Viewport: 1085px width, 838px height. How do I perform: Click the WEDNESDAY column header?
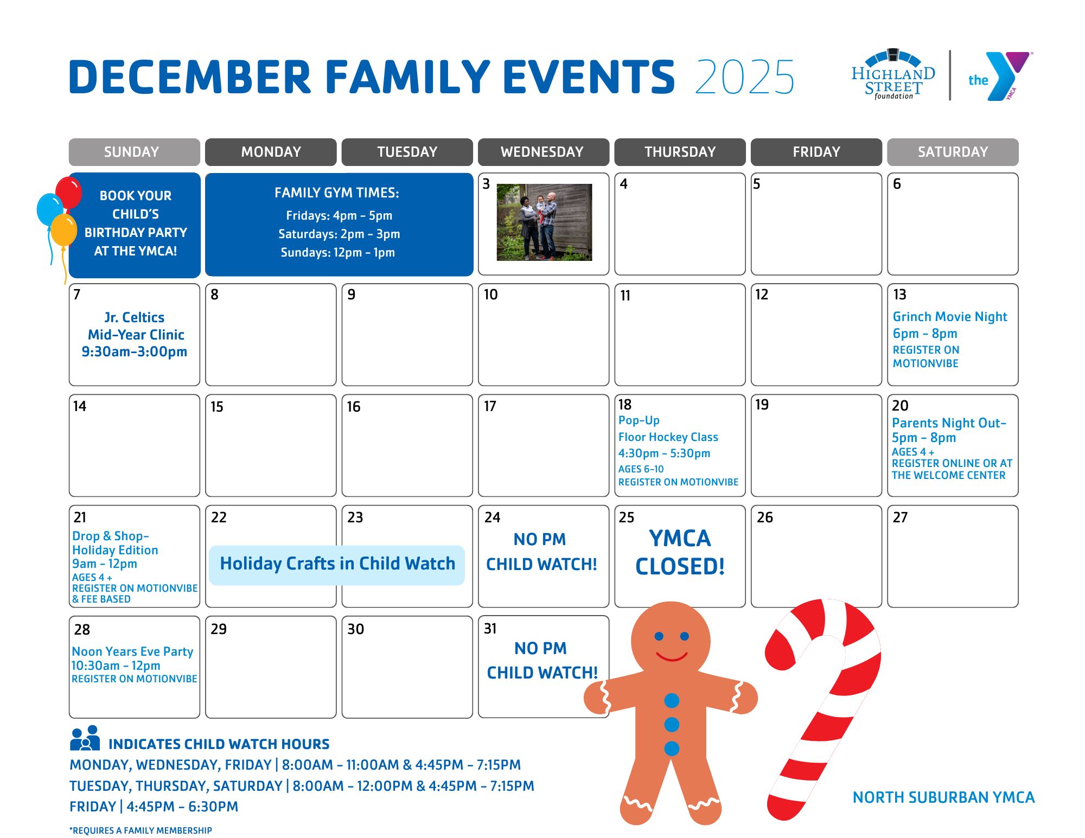542,152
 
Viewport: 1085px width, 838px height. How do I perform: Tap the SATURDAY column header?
953,152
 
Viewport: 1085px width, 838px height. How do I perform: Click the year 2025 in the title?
744,77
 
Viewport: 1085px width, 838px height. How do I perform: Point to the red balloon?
68,192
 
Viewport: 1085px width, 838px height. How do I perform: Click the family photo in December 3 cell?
544,222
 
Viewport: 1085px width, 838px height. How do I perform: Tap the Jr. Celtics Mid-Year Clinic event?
135,334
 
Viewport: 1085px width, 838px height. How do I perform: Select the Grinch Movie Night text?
950,317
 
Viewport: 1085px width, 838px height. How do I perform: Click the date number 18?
625,405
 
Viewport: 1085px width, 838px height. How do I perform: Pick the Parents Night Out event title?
949,423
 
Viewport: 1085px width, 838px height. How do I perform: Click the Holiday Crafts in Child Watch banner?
337,564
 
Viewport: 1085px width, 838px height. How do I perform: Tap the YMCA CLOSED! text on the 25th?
680,552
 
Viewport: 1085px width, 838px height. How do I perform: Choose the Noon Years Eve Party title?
132,651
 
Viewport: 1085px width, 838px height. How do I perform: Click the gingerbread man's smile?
672,657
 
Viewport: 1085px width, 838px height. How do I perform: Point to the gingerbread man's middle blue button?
672,725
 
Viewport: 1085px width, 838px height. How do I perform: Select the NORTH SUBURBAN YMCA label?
943,797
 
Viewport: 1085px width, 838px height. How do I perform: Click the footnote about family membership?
141,830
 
